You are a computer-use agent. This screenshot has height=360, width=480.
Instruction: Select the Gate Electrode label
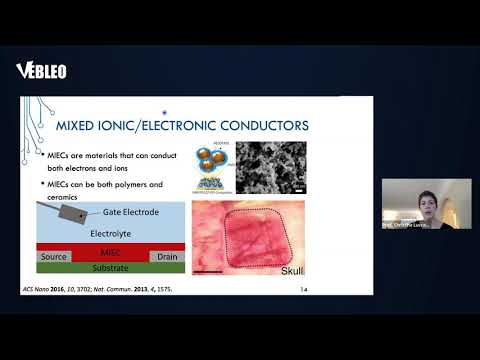click(x=131, y=212)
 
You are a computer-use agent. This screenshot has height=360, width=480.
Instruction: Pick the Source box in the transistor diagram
click(x=54, y=257)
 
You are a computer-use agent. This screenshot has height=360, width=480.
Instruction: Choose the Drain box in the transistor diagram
click(x=167, y=257)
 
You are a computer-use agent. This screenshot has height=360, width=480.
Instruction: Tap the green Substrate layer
click(x=109, y=268)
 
